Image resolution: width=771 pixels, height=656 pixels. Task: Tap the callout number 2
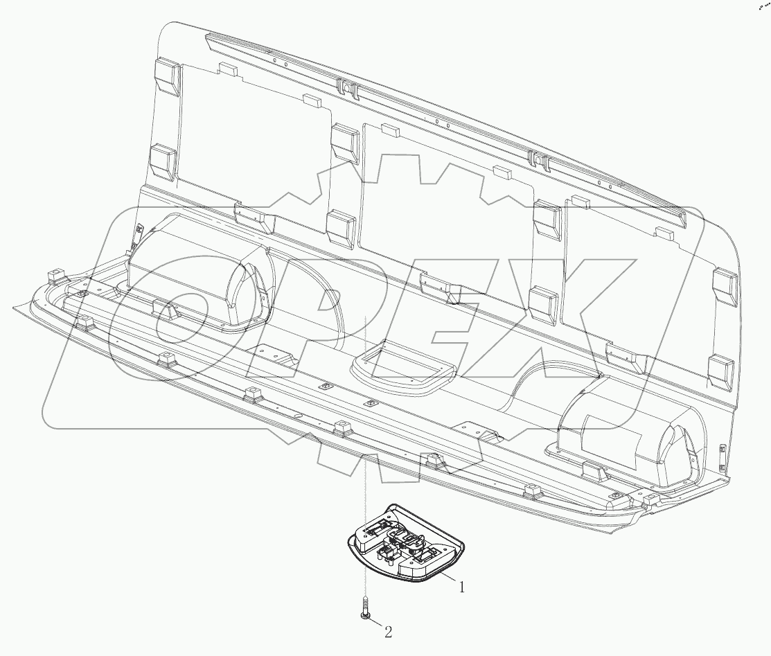pos(388,631)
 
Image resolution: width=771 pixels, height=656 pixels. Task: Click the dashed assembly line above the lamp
pos(364,416)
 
